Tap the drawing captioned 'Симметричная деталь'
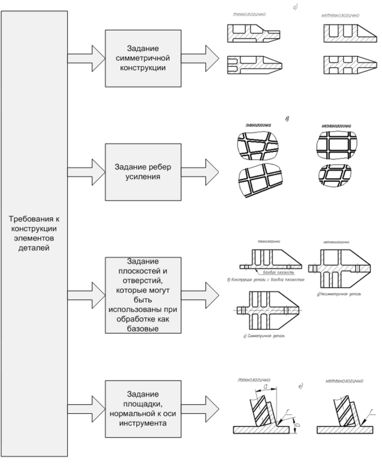(266, 310)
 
